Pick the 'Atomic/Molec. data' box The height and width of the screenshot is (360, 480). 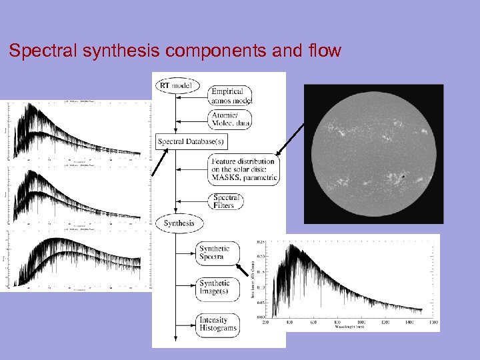pyautogui.click(x=231, y=119)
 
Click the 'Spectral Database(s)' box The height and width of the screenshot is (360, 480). pyautogui.click(x=191, y=141)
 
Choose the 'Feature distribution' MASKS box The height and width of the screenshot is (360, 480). pyautogui.click(x=243, y=170)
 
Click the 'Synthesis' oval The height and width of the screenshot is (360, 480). pyautogui.click(x=179, y=223)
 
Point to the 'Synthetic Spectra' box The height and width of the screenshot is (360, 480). pyautogui.click(x=215, y=253)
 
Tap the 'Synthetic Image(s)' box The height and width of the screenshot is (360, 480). pyautogui.click(x=215, y=287)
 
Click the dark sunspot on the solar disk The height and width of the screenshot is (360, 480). pyautogui.click(x=403, y=177)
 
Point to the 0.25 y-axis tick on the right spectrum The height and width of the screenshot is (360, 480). pyautogui.click(x=260, y=242)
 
